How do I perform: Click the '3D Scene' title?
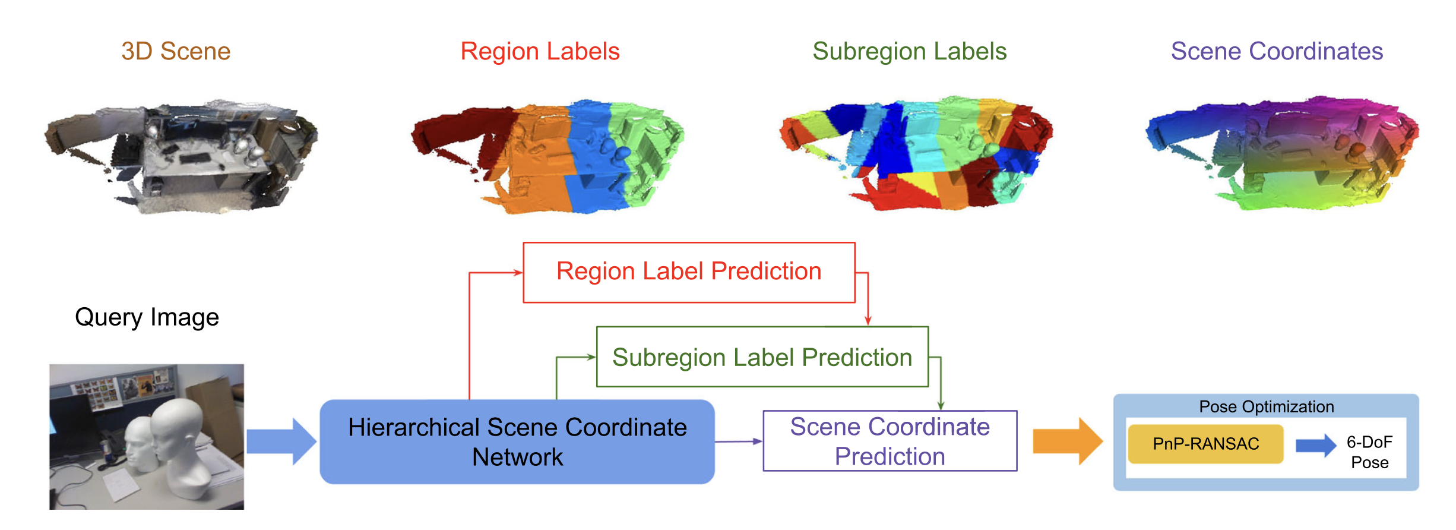[176, 52]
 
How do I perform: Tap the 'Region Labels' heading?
[540, 52]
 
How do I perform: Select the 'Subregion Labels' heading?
[909, 52]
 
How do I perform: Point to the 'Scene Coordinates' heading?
[1277, 52]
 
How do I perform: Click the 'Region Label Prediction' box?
[689, 272]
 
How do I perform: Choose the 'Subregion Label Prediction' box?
[762, 357]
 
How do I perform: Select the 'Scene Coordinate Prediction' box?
[890, 441]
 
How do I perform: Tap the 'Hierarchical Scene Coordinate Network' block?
[517, 441]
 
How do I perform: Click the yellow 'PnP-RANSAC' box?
[1205, 444]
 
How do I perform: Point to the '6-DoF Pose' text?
[1369, 452]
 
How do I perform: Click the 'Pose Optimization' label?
[1266, 407]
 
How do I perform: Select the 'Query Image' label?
[147, 317]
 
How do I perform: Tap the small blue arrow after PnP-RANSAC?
[1315, 445]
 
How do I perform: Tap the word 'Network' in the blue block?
[517, 458]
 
